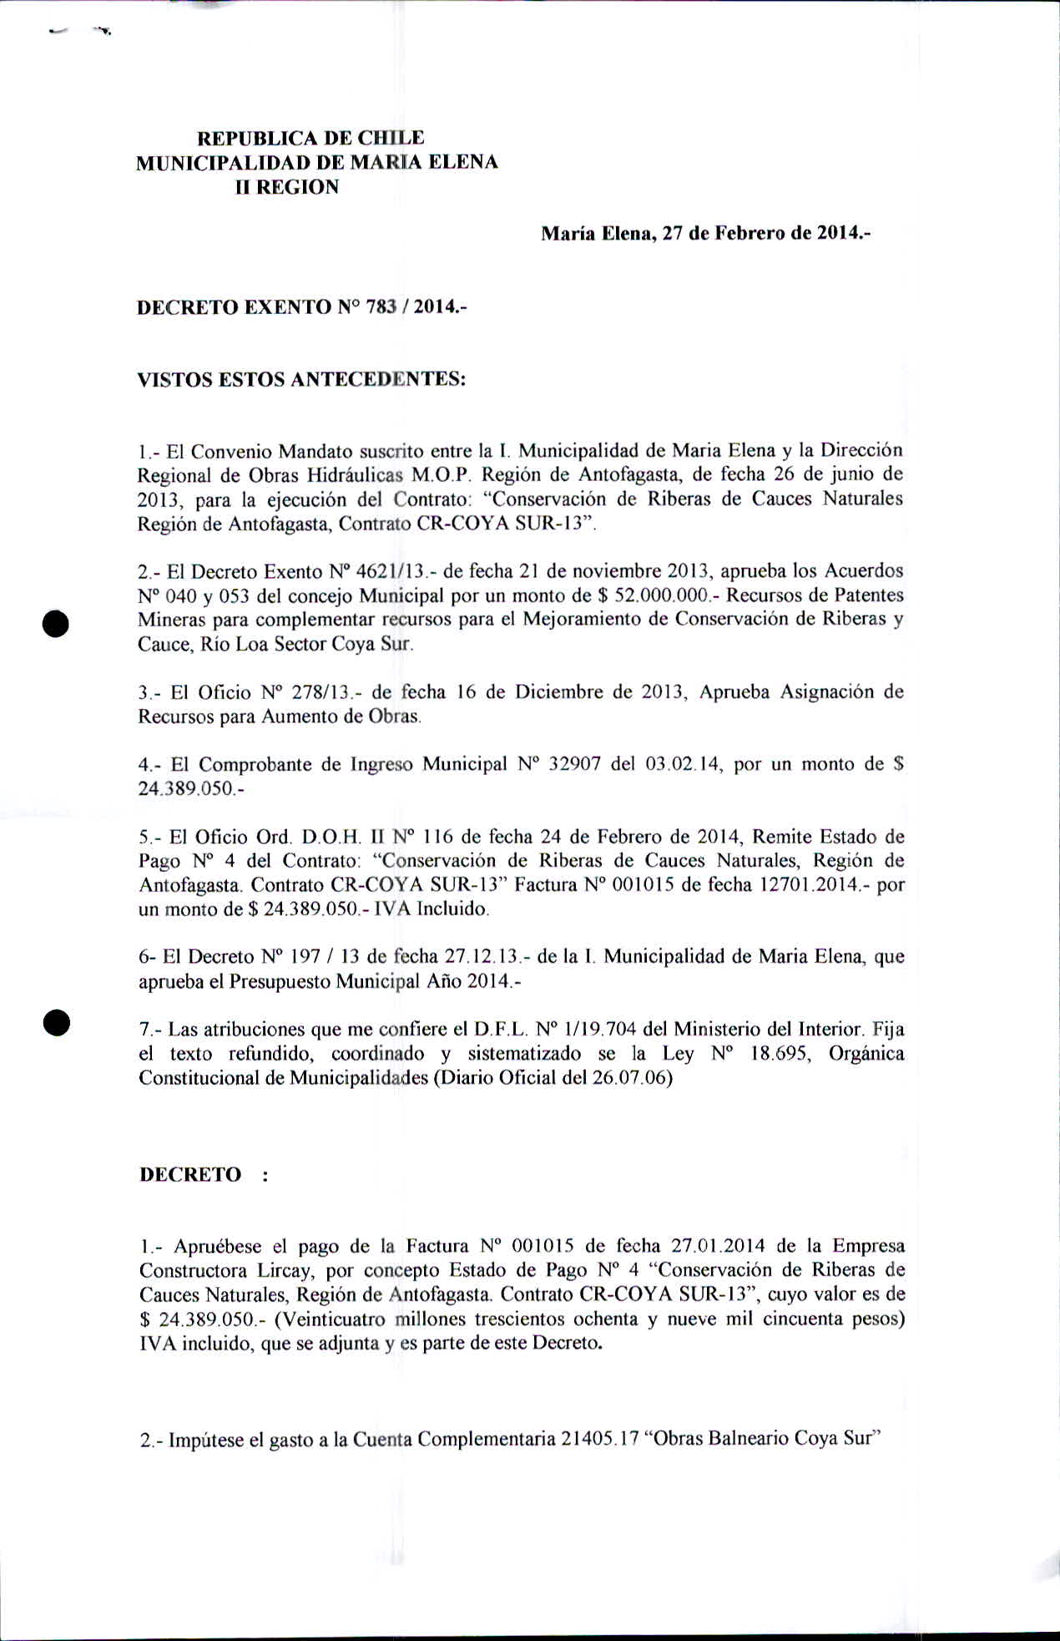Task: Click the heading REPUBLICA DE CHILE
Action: [x=310, y=138]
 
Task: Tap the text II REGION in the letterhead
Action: [x=287, y=187]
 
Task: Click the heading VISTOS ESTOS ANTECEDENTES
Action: [x=300, y=379]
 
